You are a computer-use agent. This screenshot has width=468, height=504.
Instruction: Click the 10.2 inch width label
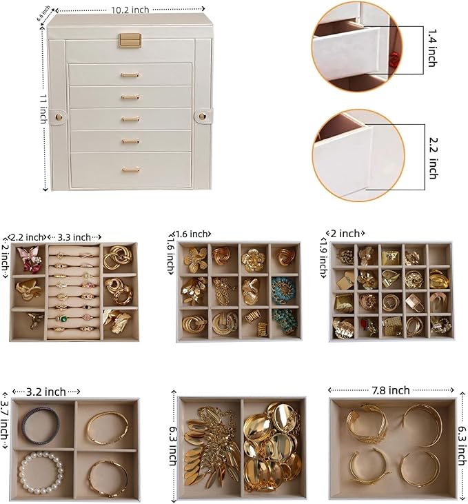(129, 10)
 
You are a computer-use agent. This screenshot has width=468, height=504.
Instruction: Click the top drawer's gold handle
(130, 74)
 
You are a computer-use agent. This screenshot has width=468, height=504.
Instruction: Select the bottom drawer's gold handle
(130, 170)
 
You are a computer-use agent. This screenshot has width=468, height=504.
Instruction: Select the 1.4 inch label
(431, 47)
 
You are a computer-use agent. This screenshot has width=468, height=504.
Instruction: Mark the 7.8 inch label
(390, 390)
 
